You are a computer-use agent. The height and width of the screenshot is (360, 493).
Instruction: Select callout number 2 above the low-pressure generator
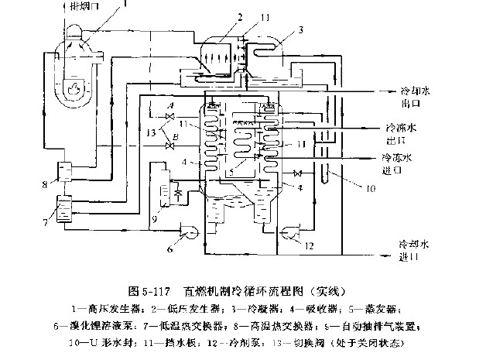click(x=220, y=16)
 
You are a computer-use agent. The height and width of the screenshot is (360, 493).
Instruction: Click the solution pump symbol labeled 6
click(x=187, y=228)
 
